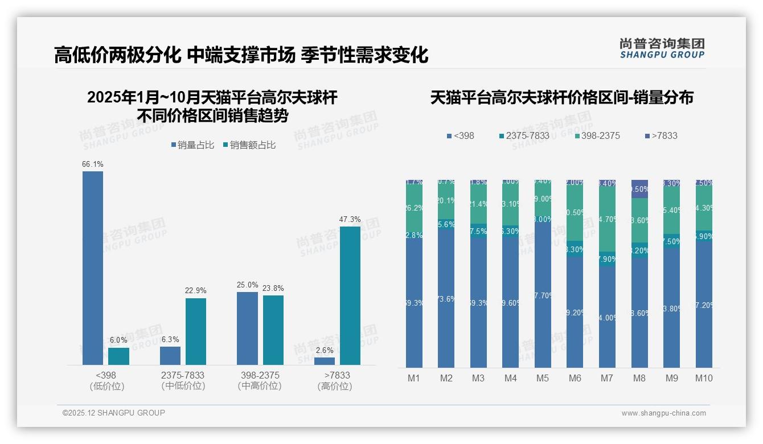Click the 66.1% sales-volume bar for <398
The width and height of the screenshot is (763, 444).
click(x=93, y=268)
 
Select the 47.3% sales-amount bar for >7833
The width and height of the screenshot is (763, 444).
click(x=350, y=295)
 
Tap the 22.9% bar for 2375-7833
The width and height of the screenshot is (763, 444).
click(x=195, y=331)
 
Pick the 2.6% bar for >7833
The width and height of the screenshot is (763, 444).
click(x=325, y=361)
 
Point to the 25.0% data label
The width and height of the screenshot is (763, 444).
click(x=248, y=285)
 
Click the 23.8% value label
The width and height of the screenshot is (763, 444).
click(x=273, y=288)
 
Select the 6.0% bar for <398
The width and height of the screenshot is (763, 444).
click(x=118, y=356)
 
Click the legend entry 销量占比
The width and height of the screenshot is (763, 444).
click(x=192, y=145)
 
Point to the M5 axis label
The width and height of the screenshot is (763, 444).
click(x=543, y=378)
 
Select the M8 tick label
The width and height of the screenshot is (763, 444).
click(x=639, y=378)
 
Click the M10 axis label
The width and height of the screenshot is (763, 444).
click(x=704, y=378)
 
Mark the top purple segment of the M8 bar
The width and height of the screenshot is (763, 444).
click(x=639, y=188)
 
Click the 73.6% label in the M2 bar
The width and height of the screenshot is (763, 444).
click(x=446, y=299)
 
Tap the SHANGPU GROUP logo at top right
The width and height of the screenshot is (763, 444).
click(x=662, y=48)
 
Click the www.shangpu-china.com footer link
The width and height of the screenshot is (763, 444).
click(x=663, y=413)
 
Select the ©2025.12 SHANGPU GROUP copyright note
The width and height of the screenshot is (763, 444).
click(x=114, y=413)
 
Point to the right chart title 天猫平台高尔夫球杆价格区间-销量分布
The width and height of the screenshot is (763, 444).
click(x=561, y=97)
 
